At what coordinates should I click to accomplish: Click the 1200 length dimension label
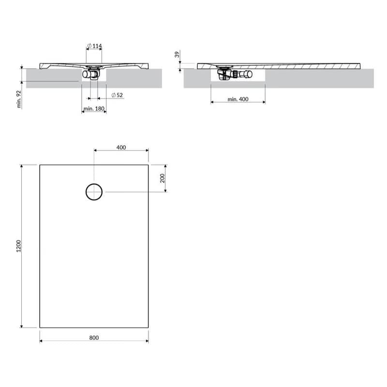18,246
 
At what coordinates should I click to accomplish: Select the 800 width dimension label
94,338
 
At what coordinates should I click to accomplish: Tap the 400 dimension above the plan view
121,148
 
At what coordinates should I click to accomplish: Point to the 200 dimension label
162,178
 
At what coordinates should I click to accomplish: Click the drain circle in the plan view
94,184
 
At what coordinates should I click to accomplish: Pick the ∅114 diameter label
94,46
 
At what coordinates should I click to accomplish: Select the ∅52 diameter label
117,95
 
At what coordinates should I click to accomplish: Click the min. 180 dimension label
94,108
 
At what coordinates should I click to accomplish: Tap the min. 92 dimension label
19,99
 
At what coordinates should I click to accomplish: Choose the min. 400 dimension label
238,99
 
